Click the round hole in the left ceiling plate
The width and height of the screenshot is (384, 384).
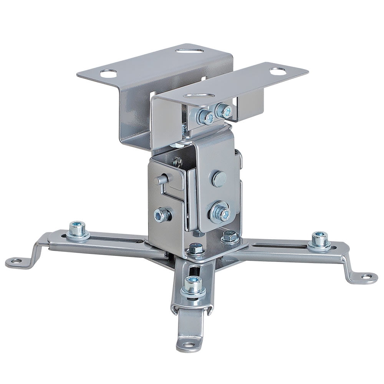tap(109, 73)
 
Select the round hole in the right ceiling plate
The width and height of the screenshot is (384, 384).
tap(277, 71)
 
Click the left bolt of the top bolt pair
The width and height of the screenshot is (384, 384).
tap(205, 116)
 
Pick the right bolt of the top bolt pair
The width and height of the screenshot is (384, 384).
tap(224, 111)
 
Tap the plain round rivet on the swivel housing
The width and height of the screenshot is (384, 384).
tap(219, 179)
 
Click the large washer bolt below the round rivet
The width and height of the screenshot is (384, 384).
tap(220, 212)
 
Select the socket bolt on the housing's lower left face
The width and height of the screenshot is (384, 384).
tap(162, 215)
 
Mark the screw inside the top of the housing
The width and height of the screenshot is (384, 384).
tap(177, 162)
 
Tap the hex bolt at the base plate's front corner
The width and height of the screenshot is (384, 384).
tap(195, 250)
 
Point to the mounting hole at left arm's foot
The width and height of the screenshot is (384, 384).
tap(17, 261)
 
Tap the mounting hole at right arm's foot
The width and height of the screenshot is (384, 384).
tap(367, 276)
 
